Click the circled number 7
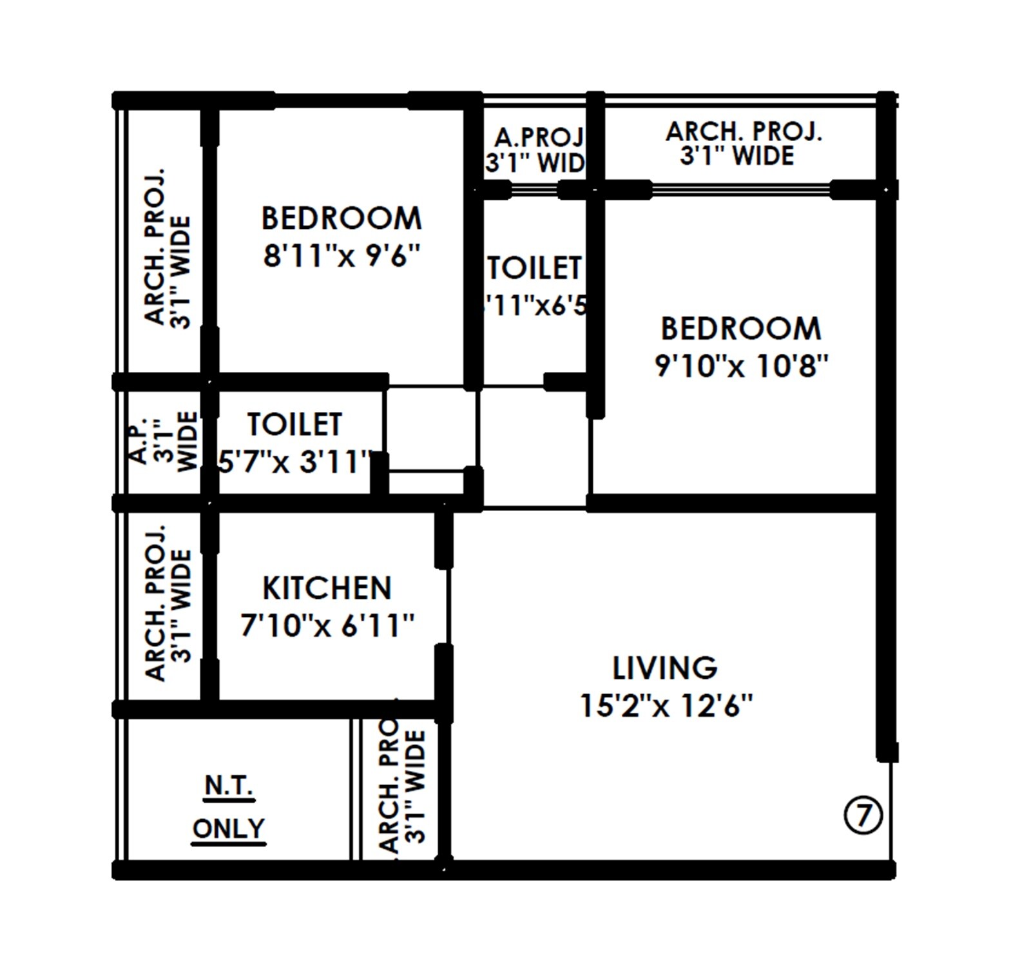tap(863, 816)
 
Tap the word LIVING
tap(664, 668)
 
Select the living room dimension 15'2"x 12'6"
tap(666, 706)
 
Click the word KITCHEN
tap(327, 588)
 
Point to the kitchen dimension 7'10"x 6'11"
tap(327, 626)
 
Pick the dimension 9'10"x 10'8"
tap(741, 366)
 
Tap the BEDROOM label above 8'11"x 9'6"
tap(341, 219)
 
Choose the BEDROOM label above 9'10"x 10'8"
tap(741, 329)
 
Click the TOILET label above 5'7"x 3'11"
tap(294, 424)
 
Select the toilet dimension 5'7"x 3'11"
tap(295, 462)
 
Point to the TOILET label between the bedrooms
tap(534, 268)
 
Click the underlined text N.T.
tap(229, 786)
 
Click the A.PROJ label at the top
tap(539, 137)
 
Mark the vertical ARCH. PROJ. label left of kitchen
tap(155, 603)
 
